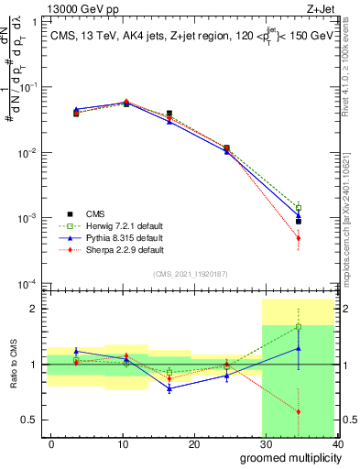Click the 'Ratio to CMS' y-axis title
pyautogui.click(x=12, y=364)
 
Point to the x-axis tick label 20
pyautogui.click(x=194, y=443)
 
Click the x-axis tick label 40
pyautogui.click(x=337, y=443)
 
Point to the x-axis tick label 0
pyautogui.click(x=51, y=443)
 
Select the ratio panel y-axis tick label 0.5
pyautogui.click(x=34, y=420)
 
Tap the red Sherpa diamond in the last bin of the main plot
pyautogui.click(x=324, y=238)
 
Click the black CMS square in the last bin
pyautogui.click(x=324, y=222)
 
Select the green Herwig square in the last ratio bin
pyautogui.click(x=324, y=326)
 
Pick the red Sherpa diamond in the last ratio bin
pyautogui.click(x=324, y=411)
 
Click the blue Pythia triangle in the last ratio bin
pyautogui.click(x=324, y=348)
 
